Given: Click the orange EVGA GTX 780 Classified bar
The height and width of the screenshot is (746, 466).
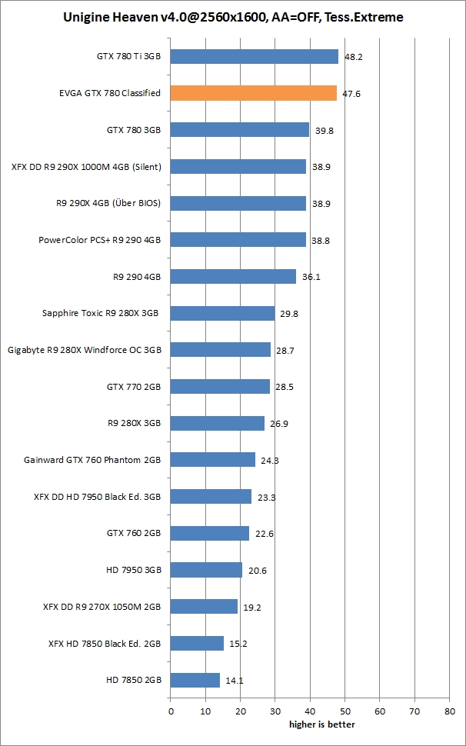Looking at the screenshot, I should tap(253, 93).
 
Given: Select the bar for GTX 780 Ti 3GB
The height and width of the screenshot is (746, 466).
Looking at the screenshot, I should tap(254, 56).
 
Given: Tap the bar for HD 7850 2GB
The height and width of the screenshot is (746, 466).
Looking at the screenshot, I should tap(195, 680).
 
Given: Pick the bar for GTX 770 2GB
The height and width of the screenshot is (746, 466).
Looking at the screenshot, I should tap(220, 386).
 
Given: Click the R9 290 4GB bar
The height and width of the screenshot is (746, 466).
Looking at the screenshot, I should tap(233, 276).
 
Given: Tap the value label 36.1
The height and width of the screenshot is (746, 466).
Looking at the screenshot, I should tap(311, 277).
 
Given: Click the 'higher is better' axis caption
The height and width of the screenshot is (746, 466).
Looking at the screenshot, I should tap(322, 724).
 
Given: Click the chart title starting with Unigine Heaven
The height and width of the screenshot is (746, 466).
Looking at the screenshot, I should tap(233, 16).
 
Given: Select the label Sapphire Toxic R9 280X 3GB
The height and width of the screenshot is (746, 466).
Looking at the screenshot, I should tap(101, 313).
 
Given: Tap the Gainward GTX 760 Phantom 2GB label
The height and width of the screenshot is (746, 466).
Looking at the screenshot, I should tap(92, 460).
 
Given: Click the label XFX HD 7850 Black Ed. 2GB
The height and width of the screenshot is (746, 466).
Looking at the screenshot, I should tap(104, 643).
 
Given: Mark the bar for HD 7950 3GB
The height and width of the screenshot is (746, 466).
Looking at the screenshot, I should tap(206, 570).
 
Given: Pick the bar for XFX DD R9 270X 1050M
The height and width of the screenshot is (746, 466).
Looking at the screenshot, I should tap(204, 607).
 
